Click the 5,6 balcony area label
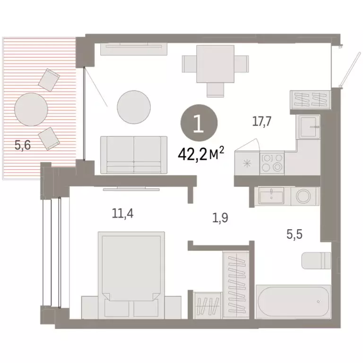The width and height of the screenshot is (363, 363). (x=22, y=146)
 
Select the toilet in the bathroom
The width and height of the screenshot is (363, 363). (x=317, y=260)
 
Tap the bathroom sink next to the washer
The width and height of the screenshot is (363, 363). (x=271, y=195)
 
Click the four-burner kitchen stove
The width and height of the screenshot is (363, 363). (x=272, y=163)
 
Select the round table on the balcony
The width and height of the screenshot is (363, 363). (x=31, y=110)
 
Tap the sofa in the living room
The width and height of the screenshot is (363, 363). (x=134, y=154)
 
